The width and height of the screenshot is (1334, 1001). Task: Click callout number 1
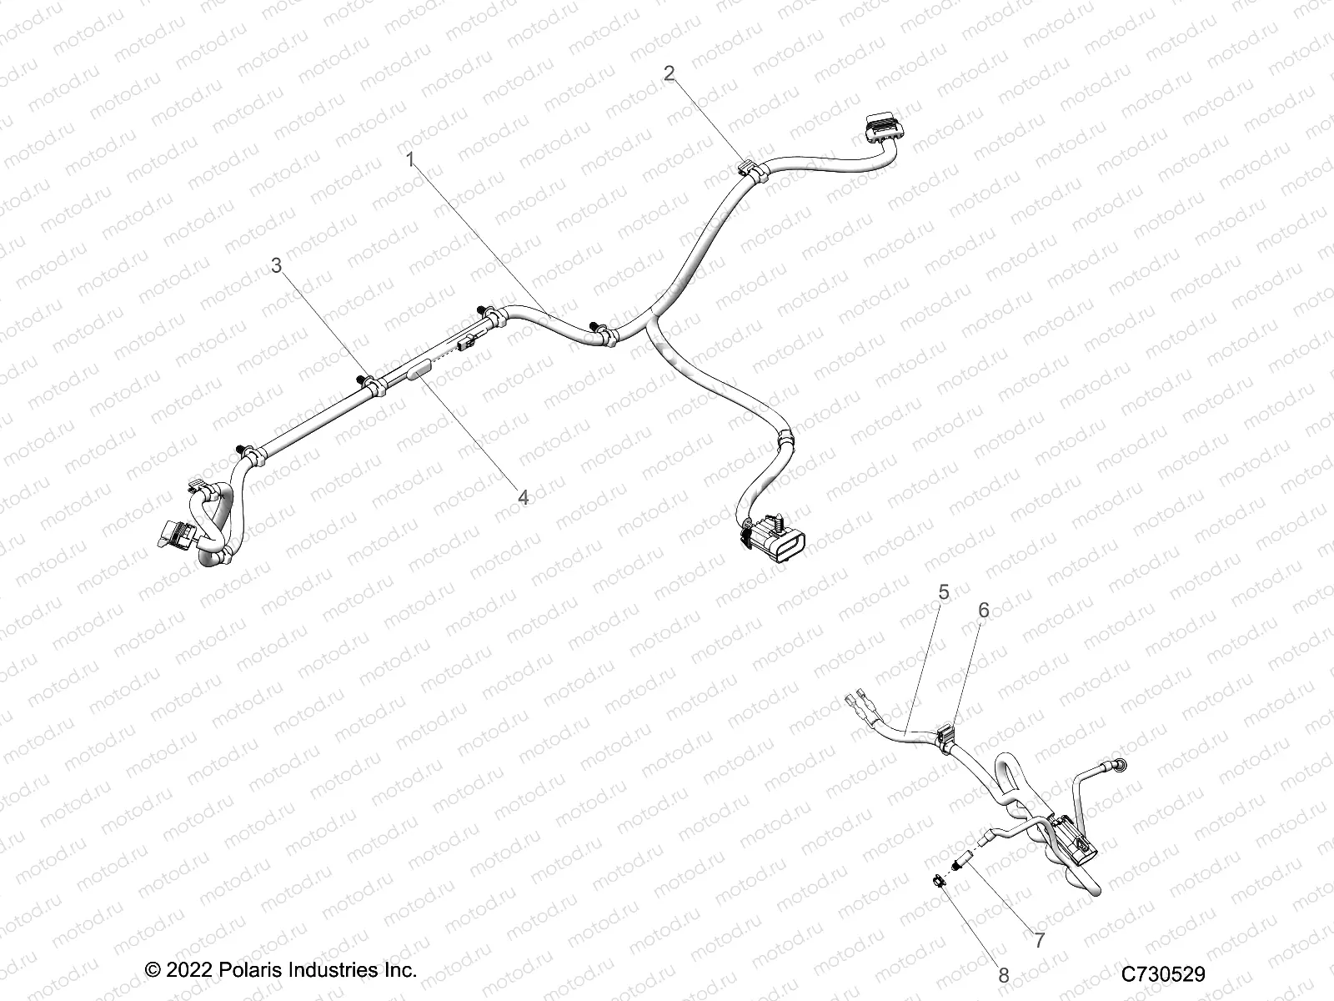point(409,159)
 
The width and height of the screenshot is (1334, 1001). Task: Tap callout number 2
point(669,73)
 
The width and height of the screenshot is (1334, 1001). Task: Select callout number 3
point(277,265)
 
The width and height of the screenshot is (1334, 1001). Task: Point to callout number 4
point(523,498)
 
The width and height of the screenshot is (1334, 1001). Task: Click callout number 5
point(944,592)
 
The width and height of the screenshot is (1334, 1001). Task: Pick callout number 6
point(984,610)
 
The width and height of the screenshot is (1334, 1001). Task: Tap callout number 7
point(1040,941)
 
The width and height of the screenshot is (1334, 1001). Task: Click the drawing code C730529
point(1163,973)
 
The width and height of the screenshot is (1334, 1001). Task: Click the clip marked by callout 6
point(947,737)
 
